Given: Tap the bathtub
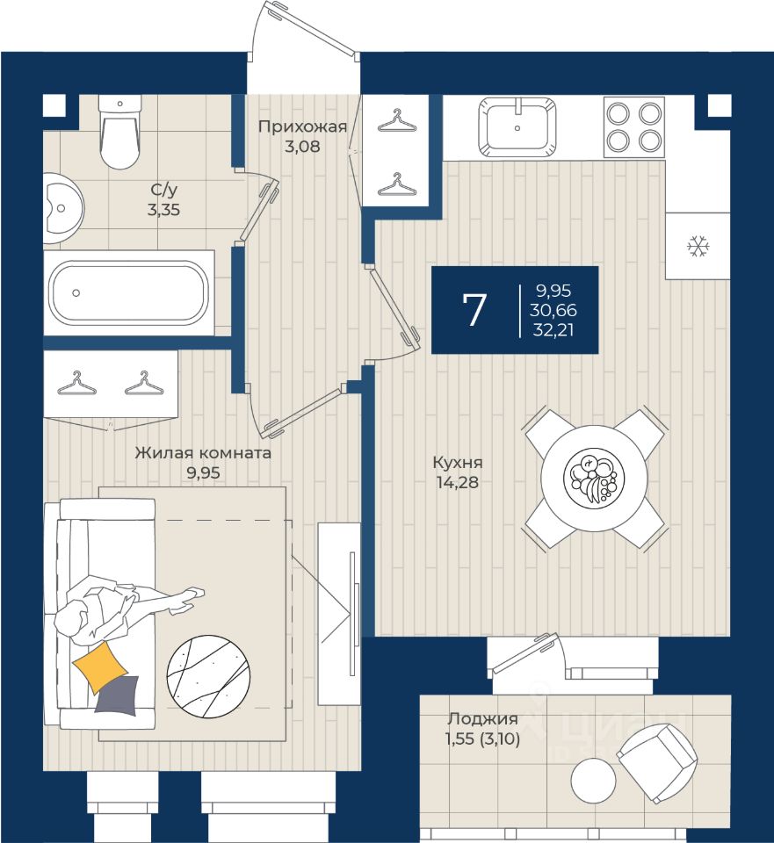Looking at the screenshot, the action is tap(129, 293).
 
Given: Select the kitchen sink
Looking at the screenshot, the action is tap(517, 126).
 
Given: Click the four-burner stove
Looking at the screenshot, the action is tap(634, 126).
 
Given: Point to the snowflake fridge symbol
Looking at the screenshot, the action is tap(698, 246).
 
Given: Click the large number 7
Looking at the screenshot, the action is tap(474, 310).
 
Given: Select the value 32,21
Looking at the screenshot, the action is tap(553, 329).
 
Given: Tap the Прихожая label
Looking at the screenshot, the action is tap(302, 126).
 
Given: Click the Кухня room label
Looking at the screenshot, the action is tap(458, 463).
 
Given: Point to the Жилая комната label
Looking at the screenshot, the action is tap(203, 453).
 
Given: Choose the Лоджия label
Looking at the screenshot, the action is tap(482, 719).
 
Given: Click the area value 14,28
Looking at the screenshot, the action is tap(458, 482).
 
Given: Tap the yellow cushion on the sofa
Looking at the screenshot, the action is tap(100, 666).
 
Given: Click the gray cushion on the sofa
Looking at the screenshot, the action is tap(118, 695).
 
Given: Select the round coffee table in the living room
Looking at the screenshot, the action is tap(209, 676).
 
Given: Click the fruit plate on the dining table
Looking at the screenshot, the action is tap(594, 478).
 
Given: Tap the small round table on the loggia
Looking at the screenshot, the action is tap(593, 781).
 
